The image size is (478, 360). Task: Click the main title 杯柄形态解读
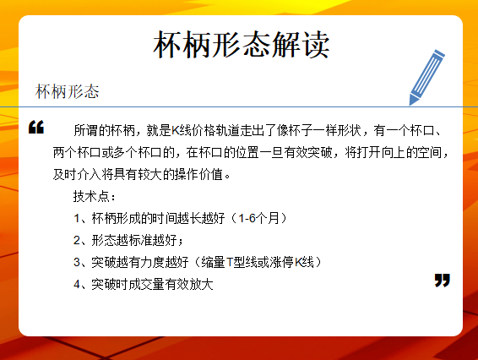coord(242,45)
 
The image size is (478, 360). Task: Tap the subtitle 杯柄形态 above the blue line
coord(67,91)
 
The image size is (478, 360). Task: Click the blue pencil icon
coord(426,78)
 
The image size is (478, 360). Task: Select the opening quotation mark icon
coord(36,127)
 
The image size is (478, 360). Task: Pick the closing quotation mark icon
coord(442,280)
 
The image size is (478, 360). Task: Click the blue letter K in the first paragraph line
coord(175,131)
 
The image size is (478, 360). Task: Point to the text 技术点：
coord(95,196)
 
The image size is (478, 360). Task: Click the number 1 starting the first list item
coord(77,218)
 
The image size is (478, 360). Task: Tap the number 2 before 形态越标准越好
coord(77,240)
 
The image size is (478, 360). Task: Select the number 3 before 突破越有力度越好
coord(77,262)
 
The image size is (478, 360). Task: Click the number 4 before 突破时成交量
coord(77,284)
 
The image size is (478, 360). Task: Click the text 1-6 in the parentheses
coord(247,218)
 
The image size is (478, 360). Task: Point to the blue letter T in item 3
coord(230,262)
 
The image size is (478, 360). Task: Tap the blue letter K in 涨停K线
coord(298,262)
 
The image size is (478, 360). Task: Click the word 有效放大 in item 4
coord(189,284)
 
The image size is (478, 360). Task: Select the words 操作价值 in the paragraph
coord(198,175)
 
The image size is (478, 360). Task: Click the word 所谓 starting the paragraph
coord(85,131)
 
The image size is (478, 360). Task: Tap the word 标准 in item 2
coord(140,240)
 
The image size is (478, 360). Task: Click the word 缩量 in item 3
coord(213,262)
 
